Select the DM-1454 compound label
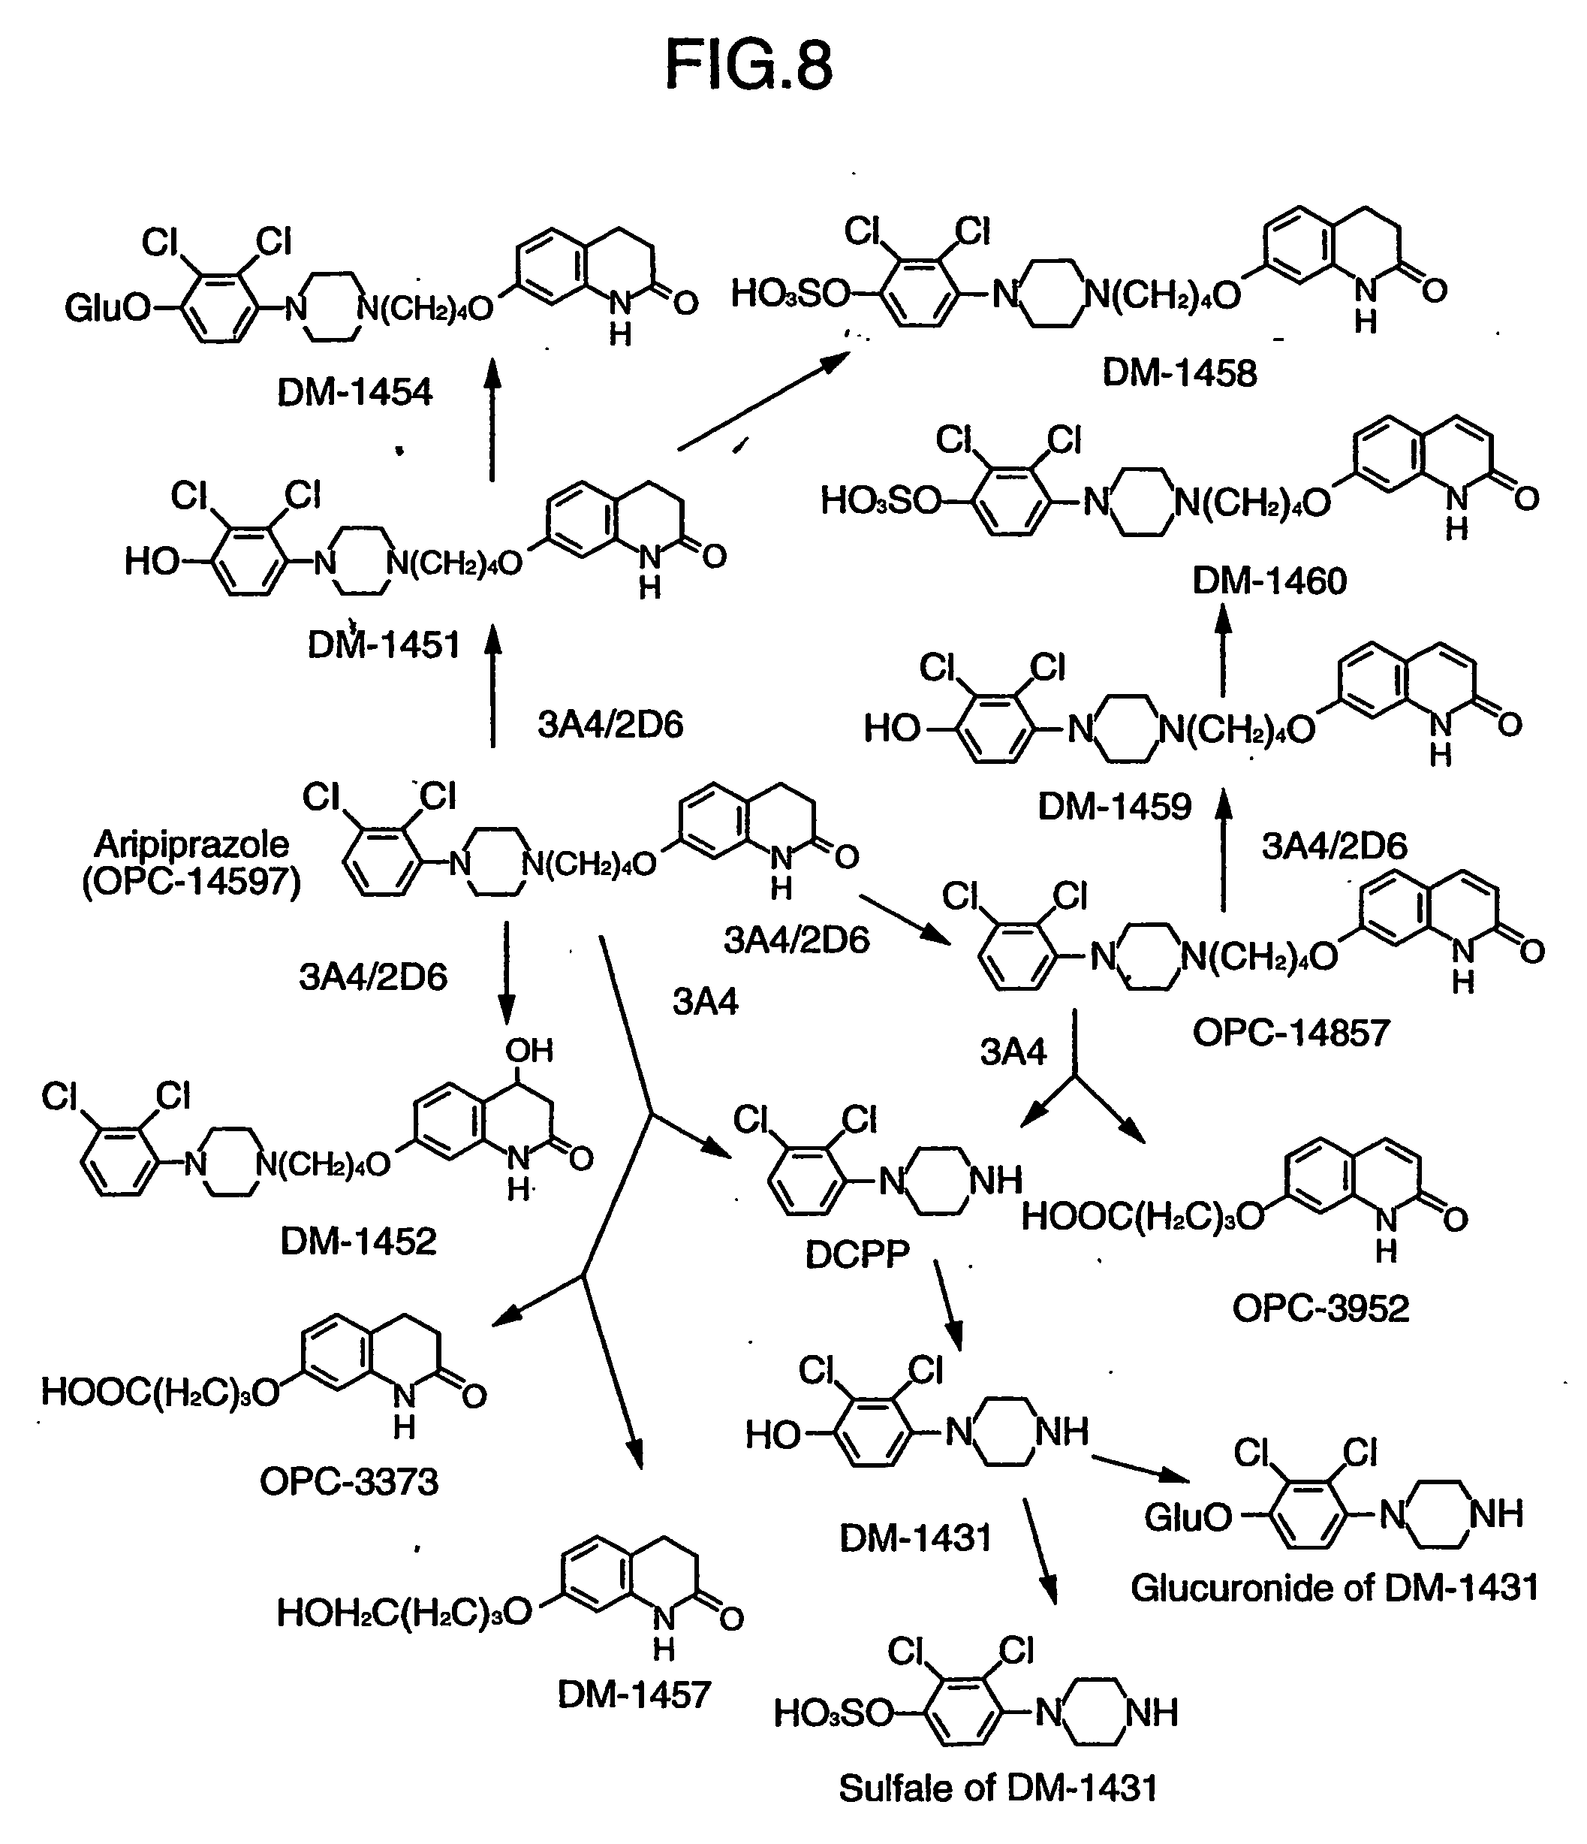pos(354,391)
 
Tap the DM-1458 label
pos(1179,372)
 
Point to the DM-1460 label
pos(1269,581)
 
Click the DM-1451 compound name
pos(384,644)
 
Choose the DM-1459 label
pos(1115,806)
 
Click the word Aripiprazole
pos(191,843)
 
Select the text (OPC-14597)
pos(191,881)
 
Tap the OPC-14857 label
pos(1290,1032)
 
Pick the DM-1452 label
pos(359,1241)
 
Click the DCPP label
pos(857,1255)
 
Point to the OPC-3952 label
pos(1321,1308)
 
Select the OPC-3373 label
pos(349,1482)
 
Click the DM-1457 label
pos(634,1695)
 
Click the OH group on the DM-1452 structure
pos(529,1050)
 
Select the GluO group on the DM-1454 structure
pos(107,309)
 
